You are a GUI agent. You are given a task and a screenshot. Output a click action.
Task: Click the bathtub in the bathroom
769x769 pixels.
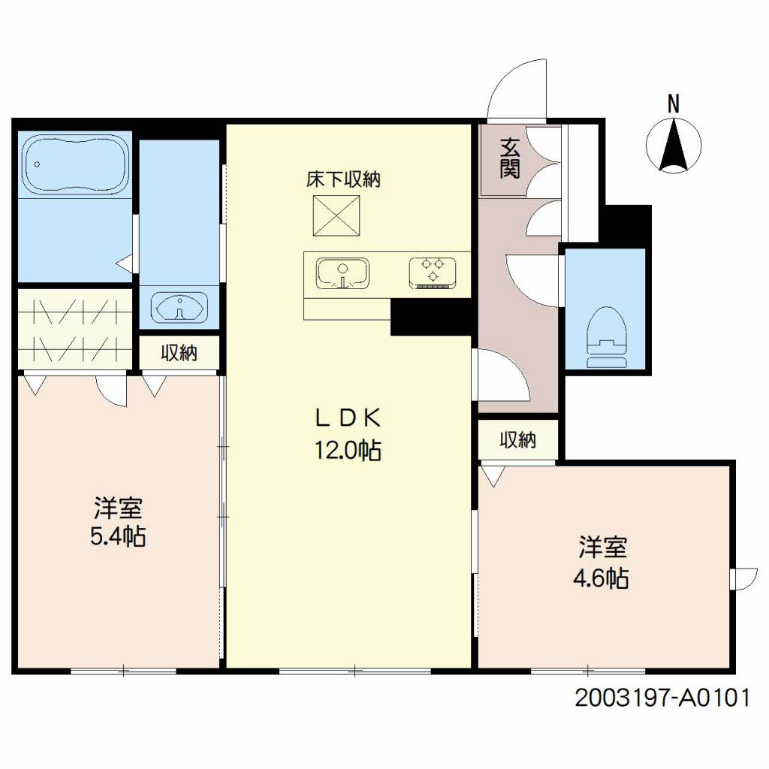tap(77, 164)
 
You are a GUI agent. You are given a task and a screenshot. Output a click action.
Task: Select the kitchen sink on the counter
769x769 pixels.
tap(342, 273)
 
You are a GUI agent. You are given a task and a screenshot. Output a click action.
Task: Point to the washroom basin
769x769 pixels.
tap(179, 308)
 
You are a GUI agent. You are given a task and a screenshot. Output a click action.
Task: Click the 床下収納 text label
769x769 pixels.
tap(343, 179)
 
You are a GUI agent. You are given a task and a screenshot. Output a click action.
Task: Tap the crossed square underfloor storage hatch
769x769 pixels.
tap(336, 216)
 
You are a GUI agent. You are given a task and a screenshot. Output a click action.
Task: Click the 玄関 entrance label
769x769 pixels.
tap(510, 158)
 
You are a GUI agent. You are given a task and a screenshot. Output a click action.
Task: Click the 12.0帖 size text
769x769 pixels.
tap(348, 450)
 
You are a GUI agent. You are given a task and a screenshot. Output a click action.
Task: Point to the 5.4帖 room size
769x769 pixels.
tap(118, 536)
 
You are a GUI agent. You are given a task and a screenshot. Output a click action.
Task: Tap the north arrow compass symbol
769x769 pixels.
tap(674, 145)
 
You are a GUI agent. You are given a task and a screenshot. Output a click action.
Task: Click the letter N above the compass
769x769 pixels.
tap(674, 104)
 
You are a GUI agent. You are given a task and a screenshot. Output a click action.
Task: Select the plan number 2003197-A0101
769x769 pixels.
tap(662, 698)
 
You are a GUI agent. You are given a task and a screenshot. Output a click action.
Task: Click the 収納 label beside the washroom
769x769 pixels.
tap(179, 353)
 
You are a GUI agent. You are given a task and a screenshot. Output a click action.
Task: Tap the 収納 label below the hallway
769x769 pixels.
tap(517, 440)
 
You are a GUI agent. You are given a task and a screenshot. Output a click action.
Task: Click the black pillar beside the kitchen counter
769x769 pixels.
tap(431, 318)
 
